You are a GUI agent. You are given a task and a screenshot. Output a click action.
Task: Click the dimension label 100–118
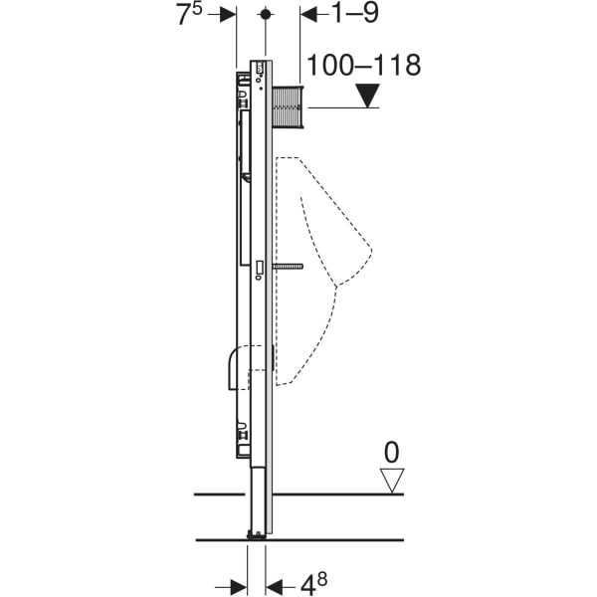[x=363, y=65]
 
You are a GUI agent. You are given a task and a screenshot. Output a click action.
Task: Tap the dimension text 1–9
[x=355, y=13]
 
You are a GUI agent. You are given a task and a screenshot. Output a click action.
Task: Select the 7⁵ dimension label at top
[x=189, y=15]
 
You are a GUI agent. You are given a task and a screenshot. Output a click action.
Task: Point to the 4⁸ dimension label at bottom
[x=313, y=583]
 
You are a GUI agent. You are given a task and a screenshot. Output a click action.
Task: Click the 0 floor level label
[x=392, y=453]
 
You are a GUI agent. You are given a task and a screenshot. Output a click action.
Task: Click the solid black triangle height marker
[x=367, y=96]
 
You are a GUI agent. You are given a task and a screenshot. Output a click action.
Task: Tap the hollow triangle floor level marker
[x=392, y=481]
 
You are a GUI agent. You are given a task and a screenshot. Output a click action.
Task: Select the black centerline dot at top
[x=266, y=15]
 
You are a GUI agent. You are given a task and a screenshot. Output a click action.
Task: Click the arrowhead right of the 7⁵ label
[x=228, y=15]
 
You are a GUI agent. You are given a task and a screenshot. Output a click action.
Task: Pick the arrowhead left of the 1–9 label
[x=308, y=15]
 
